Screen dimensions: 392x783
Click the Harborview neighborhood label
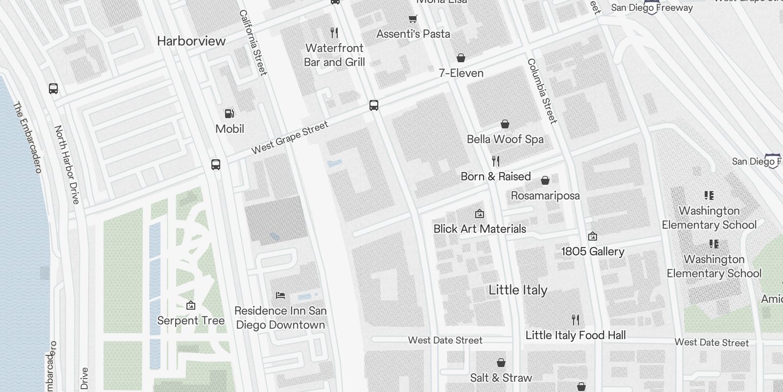191,41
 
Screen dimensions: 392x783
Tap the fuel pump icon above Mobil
229,114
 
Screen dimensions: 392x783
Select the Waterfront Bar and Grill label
335,55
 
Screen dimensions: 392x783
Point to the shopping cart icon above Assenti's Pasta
413,19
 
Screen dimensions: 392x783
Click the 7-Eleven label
461,73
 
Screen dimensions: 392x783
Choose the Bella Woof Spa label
505,139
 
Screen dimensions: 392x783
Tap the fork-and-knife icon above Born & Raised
496,161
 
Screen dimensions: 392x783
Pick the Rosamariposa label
545,196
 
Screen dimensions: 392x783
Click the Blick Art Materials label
480,229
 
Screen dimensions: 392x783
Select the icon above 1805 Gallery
593,236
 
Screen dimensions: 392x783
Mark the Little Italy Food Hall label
576,335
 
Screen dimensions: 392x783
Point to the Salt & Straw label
501,378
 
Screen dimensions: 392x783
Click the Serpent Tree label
191,320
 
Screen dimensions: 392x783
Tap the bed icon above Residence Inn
280,295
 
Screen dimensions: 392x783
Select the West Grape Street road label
290,138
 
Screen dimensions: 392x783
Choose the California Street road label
253,43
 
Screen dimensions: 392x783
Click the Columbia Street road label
542,91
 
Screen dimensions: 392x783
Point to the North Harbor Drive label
67,165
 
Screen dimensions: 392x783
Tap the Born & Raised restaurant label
496,176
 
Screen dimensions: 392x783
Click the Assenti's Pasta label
413,34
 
